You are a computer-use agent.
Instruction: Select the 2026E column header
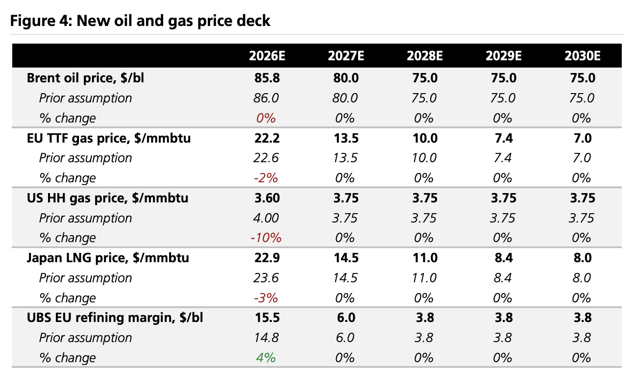(x=267, y=56)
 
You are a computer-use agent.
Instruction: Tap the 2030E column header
(x=582, y=56)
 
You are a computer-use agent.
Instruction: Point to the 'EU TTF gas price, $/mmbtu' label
(x=109, y=138)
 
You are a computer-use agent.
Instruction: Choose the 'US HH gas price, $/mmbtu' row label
(x=107, y=198)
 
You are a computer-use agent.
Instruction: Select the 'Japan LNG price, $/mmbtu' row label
(x=107, y=258)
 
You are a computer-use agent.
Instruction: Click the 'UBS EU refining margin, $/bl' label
(x=115, y=318)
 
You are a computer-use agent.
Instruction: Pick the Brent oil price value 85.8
(x=267, y=78)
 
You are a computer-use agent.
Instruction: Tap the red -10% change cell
(x=266, y=238)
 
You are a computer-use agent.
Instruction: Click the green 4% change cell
(x=266, y=358)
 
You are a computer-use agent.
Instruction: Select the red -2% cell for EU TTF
(x=266, y=178)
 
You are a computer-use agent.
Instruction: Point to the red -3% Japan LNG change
(x=266, y=298)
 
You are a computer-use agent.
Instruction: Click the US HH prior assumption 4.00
(x=266, y=218)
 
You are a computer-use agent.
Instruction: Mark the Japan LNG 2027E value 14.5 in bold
(x=345, y=258)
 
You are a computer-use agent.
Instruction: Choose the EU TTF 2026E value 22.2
(x=267, y=138)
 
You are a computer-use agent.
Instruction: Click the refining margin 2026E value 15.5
(x=267, y=318)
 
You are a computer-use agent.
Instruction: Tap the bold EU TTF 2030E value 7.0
(x=582, y=138)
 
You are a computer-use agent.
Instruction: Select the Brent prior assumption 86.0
(x=266, y=98)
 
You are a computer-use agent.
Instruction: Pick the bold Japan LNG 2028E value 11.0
(x=424, y=258)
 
